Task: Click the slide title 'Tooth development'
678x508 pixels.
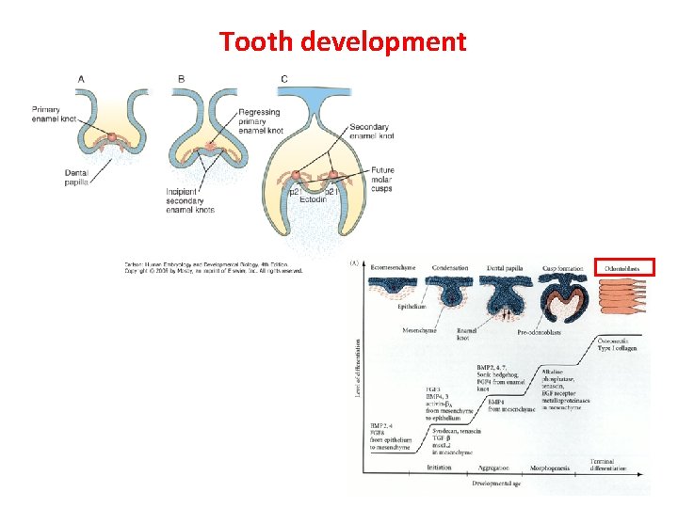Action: [x=342, y=41]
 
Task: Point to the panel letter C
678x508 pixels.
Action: [x=284, y=79]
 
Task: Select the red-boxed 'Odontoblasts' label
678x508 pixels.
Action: [x=622, y=268]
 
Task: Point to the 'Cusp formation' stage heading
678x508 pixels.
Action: [x=563, y=268]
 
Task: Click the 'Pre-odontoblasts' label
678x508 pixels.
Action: [x=540, y=332]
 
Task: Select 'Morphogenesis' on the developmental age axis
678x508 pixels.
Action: [x=548, y=468]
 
